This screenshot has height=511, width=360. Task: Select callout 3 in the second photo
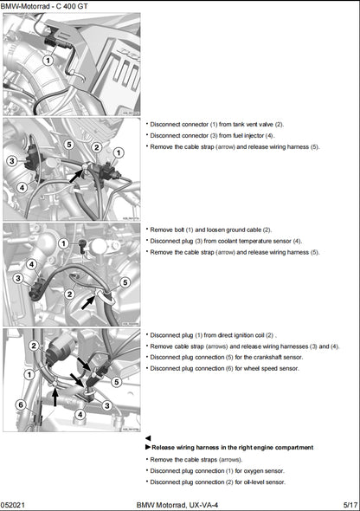click(x=11, y=160)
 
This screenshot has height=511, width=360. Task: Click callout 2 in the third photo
click(x=69, y=294)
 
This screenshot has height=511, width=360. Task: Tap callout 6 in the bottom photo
click(x=20, y=404)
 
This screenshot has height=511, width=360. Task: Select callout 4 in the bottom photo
click(x=80, y=413)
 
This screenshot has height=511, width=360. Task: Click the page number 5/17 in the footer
click(x=350, y=503)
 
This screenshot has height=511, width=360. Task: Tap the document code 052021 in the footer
click(x=14, y=503)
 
